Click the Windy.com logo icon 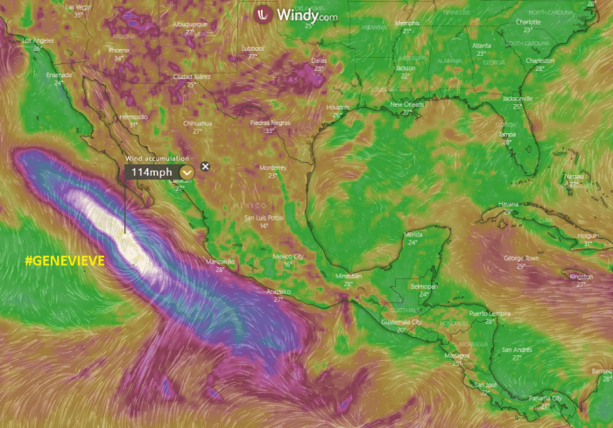pos(262,14)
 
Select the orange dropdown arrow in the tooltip pos(187,172)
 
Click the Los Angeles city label pos(37,41)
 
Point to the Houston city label pos(337,107)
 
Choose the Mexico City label pos(288,256)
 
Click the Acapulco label pos(278,291)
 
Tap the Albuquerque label pos(190,25)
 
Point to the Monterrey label pos(273,167)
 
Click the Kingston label pos(581,277)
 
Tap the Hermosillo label pos(133,116)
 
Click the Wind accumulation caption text pos(157,158)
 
